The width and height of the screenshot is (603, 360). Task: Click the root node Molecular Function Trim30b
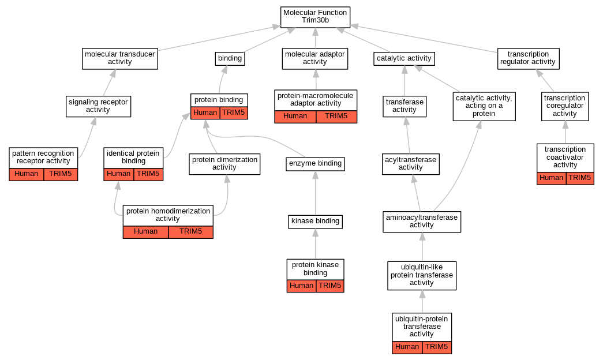315,16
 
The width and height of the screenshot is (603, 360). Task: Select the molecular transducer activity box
120,58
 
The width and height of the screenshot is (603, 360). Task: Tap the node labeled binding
230,58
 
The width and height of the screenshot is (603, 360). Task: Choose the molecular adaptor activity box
315,58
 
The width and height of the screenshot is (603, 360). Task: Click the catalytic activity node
404,58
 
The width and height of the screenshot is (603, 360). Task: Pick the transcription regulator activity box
528,58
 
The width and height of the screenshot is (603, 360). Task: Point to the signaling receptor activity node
98,106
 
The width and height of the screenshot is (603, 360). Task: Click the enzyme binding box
315,164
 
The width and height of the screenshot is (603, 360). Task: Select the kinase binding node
315,221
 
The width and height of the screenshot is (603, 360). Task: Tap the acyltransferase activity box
411,164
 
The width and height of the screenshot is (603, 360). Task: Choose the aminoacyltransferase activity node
422,222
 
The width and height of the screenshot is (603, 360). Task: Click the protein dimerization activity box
224,164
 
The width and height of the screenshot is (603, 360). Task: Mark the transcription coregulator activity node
565,106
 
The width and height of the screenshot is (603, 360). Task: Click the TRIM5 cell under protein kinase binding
330,286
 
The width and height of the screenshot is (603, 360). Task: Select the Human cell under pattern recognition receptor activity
27,174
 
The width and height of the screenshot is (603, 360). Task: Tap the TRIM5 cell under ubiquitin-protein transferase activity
436,347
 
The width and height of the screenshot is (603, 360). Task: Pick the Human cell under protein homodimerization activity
145,232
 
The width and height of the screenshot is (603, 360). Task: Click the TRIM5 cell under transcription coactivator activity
579,178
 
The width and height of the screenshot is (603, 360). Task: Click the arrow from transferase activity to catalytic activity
405,81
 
